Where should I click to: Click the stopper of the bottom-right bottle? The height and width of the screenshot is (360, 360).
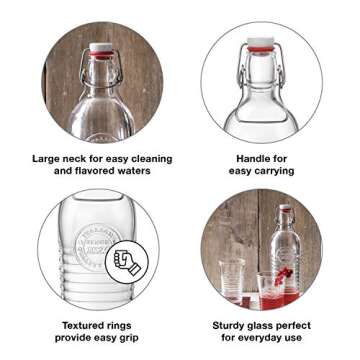click(285, 209)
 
